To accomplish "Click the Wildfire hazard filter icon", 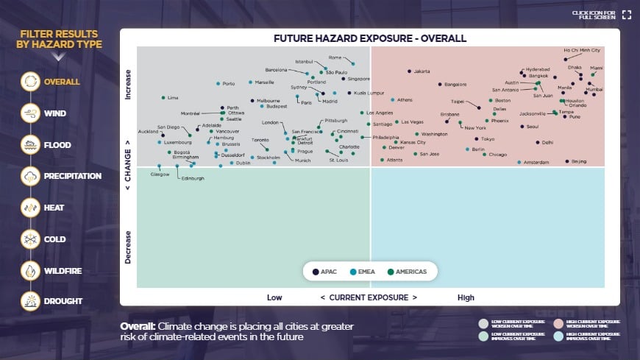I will click(31, 271).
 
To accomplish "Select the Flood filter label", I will click(58, 145).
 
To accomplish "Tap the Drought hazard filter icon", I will click(31, 301).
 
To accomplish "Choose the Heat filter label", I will click(54, 208).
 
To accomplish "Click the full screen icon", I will click(626, 14).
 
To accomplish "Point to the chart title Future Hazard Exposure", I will click(370, 38).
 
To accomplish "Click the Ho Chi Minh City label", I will click(582, 50).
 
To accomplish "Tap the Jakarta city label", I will click(422, 71).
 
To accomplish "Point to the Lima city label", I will click(173, 97).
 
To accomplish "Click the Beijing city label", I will click(579, 161).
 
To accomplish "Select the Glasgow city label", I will click(160, 174).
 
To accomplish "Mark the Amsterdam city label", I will click(536, 162).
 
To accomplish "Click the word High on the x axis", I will click(466, 297).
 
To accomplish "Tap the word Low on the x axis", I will click(274, 297).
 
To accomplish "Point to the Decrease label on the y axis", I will click(128, 247).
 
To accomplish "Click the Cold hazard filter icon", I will click(31, 239).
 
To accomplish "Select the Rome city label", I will click(335, 57).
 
